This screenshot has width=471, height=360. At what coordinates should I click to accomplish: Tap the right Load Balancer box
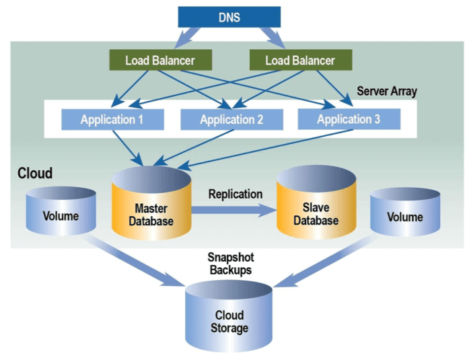pyautogui.click(x=299, y=60)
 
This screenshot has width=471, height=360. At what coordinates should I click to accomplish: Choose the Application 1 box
pyautogui.click(x=112, y=120)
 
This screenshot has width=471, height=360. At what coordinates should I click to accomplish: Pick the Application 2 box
pyautogui.click(x=231, y=120)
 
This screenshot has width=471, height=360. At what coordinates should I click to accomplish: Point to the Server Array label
pyautogui.click(x=387, y=91)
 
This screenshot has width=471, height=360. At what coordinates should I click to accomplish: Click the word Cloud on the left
pyautogui.click(x=35, y=173)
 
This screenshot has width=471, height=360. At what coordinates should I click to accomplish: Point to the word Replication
pyautogui.click(x=235, y=194)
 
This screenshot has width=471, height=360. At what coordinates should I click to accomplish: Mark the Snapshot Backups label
pyautogui.click(x=229, y=263)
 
